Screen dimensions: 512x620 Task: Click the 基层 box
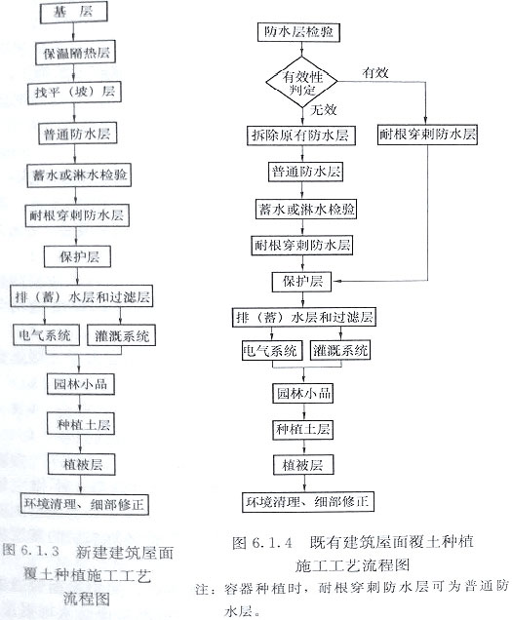tap(73, 12)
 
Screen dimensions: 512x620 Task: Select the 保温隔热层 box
tap(75, 53)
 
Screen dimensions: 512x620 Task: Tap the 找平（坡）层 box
tap(74, 93)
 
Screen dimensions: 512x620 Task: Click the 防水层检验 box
tap(298, 32)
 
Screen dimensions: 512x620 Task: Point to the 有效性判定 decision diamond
tap(301, 82)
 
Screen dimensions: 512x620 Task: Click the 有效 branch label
tap(375, 73)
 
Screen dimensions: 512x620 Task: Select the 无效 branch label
tap(323, 109)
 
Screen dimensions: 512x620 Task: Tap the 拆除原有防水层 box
tap(300, 136)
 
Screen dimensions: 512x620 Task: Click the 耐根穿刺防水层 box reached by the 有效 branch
tap(427, 135)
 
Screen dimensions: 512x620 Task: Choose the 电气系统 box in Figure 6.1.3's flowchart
tap(46, 335)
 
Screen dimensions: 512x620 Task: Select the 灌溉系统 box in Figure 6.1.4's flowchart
tap(340, 350)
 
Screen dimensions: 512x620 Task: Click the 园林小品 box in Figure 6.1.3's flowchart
tap(81, 384)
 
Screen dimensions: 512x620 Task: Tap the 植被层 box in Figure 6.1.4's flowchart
tap(303, 465)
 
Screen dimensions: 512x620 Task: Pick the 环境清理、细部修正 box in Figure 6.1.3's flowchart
tap(85, 505)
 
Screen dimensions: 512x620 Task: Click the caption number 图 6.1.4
tap(262, 542)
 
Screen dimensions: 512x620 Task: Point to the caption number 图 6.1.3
tap(31, 550)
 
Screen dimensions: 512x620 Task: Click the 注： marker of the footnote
tap(205, 589)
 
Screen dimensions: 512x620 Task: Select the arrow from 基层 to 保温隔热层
tap(73, 31)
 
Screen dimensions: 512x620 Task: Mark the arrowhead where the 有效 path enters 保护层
tap(335, 281)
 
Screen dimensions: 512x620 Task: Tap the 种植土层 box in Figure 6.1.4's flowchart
tap(302, 430)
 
